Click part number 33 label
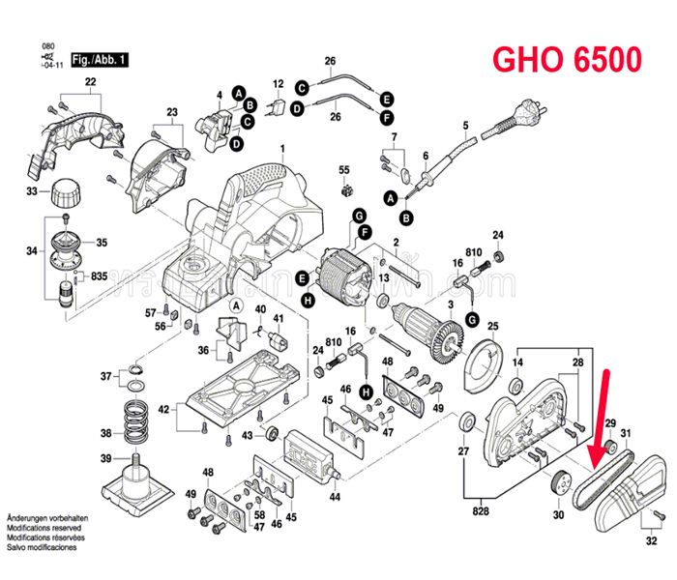coord(31,192)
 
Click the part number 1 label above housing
coord(282,149)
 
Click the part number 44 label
coord(335,497)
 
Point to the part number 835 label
coord(100,276)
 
